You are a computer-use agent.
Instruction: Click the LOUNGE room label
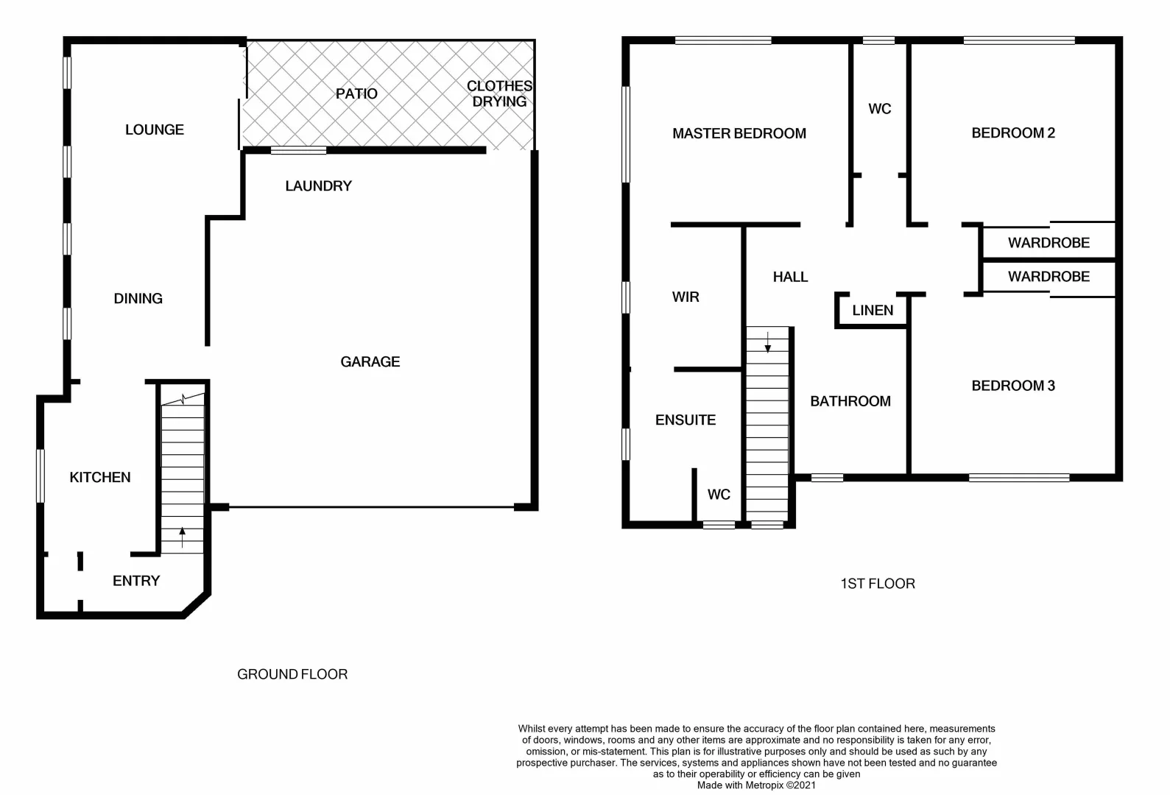coord(155,130)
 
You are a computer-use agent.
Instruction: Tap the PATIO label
coord(356,93)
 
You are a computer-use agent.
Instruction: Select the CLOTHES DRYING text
coord(499,94)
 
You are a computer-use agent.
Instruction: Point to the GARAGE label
coord(370,361)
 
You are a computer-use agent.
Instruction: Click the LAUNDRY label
coord(318,185)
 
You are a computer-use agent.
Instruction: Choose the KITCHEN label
coord(100,477)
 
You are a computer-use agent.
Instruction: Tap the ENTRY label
coord(136,581)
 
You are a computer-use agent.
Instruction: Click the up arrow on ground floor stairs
coord(183,537)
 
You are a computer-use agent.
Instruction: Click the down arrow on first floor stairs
coord(768,342)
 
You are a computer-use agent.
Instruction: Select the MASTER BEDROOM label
coord(739,133)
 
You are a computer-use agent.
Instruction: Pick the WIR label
coord(686,297)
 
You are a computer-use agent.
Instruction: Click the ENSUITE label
coord(686,420)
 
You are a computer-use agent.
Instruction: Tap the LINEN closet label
coord(873,310)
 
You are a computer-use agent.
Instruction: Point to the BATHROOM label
coord(850,401)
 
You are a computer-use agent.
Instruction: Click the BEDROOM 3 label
coord(1013,386)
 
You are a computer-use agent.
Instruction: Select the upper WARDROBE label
coord(1049,242)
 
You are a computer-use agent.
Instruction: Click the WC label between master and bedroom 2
coord(880,109)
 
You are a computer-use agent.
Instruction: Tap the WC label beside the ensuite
coord(719,494)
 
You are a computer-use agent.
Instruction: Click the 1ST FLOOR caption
coord(878,584)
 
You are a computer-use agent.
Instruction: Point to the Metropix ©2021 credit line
coord(756,785)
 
